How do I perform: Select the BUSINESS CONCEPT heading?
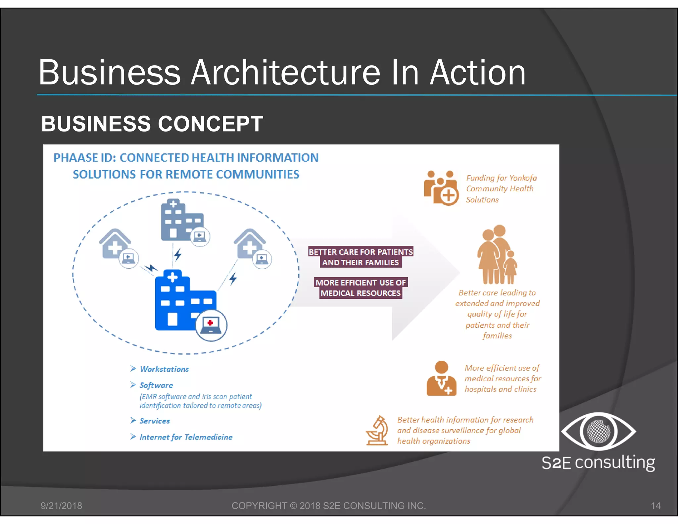click(152, 124)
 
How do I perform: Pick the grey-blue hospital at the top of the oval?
click(179, 220)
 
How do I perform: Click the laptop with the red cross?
click(211, 325)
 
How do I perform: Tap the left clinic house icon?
click(115, 243)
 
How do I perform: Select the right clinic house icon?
click(249, 243)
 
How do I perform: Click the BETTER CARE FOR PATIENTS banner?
click(361, 252)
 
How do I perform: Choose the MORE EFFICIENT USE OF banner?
click(361, 283)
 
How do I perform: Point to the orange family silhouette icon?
click(497, 255)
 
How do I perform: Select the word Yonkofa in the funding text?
click(523, 178)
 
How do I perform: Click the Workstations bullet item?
click(164, 369)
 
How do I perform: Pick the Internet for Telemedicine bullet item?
click(186, 437)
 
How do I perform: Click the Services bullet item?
click(154, 421)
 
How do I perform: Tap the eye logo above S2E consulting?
click(598, 431)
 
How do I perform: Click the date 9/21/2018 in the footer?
click(61, 506)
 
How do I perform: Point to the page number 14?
click(655, 506)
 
